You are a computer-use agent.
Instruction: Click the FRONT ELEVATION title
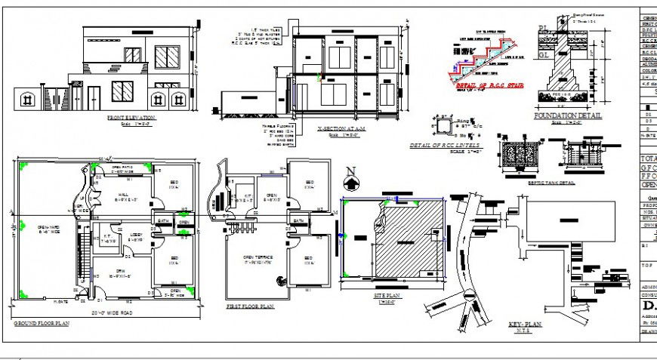pyautogui.click(x=131, y=118)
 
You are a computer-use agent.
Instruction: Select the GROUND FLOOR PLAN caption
pyautogui.click(x=42, y=323)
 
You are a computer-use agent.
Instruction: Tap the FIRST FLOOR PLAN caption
pyautogui.click(x=250, y=307)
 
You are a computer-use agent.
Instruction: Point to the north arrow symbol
pyautogui.click(x=350, y=180)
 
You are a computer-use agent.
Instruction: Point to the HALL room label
pyautogui.click(x=120, y=195)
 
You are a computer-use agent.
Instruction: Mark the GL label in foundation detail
pyautogui.click(x=541, y=55)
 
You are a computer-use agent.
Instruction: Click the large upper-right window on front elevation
pyautogui.click(x=167, y=57)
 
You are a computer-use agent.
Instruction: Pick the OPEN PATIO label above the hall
pyautogui.click(x=122, y=168)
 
